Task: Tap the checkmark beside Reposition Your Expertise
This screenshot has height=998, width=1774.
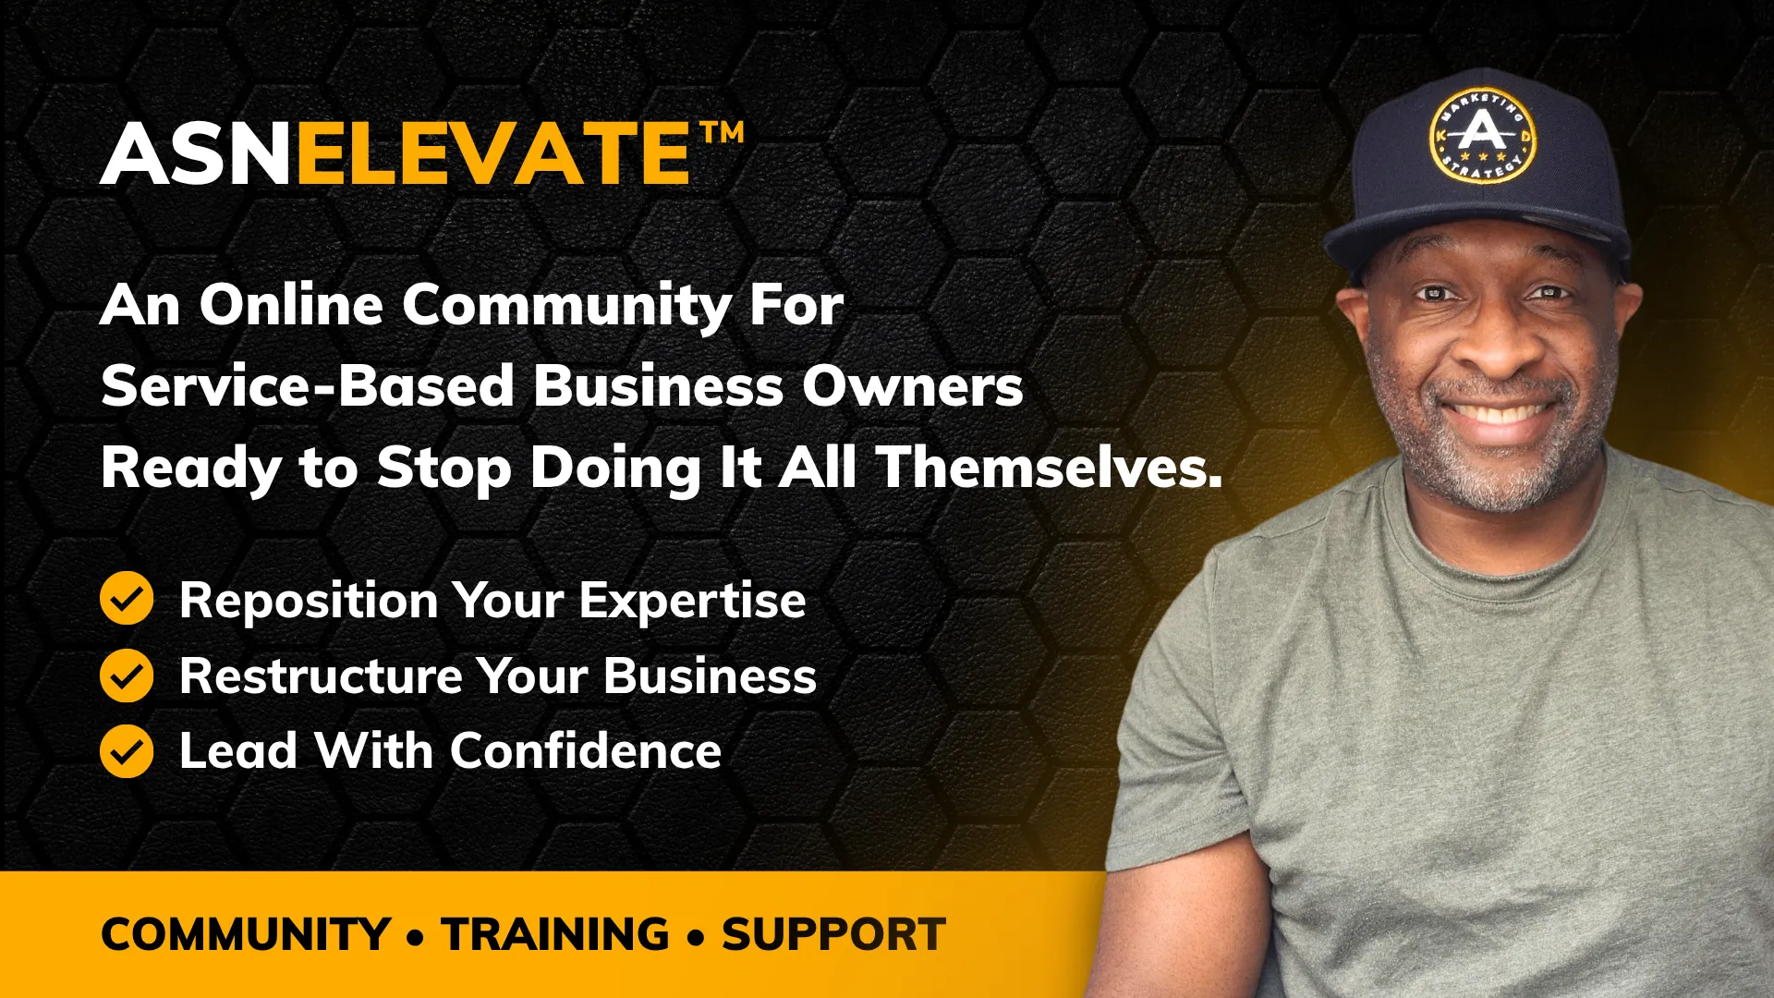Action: coord(127,599)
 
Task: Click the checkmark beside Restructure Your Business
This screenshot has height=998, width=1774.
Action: coord(127,675)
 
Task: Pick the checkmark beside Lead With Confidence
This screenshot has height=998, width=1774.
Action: coord(127,750)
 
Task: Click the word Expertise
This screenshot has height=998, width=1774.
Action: coord(693,602)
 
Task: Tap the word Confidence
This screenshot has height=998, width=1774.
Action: coord(586,750)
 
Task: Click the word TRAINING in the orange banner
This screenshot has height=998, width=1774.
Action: coord(555,934)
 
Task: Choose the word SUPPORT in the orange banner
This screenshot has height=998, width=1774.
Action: coord(833,934)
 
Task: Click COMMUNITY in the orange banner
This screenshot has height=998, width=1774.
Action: coord(246,934)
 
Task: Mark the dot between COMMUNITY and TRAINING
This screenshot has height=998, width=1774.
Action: coord(416,938)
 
